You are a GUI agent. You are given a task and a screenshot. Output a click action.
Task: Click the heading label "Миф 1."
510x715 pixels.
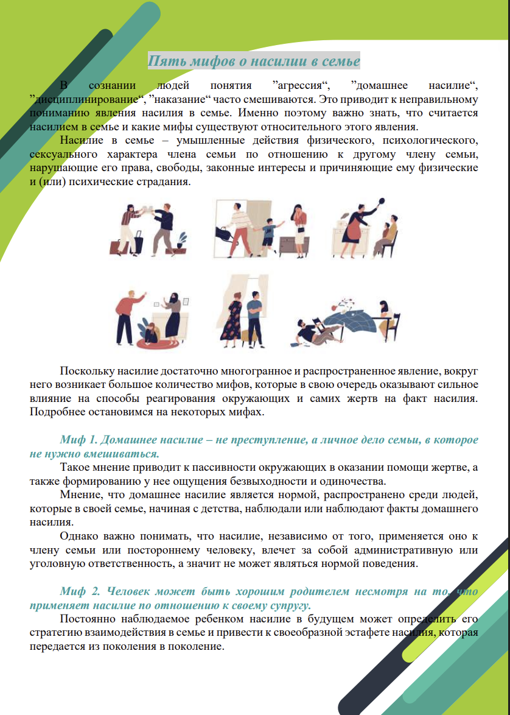(x=78, y=440)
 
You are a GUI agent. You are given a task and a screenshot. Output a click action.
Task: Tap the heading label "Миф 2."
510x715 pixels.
(x=78, y=591)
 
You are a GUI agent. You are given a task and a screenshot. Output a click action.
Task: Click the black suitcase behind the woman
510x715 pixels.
(x=136, y=244)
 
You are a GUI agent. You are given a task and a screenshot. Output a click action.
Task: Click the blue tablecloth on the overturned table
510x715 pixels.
(x=359, y=320)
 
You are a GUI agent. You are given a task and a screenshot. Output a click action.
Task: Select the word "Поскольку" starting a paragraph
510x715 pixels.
(x=85, y=372)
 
